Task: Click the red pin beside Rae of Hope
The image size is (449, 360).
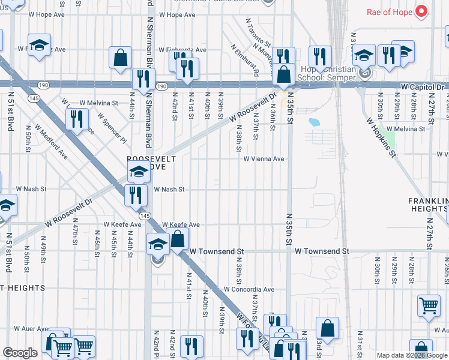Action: [421, 11]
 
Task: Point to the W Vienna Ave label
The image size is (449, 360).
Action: [264, 159]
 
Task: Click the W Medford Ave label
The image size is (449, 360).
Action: [50, 142]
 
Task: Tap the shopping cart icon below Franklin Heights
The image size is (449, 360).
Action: [429, 305]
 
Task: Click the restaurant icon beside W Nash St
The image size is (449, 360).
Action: [136, 194]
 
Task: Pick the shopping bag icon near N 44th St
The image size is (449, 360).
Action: [120, 58]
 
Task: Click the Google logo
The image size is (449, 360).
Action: [20, 353]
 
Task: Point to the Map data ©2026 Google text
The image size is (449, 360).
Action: [411, 355]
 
